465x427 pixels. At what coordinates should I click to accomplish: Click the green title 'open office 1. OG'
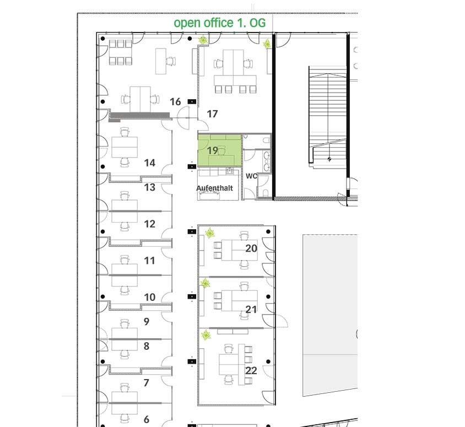(219, 23)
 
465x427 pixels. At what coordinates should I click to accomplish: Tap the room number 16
(175, 102)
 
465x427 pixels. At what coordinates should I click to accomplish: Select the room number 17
(212, 114)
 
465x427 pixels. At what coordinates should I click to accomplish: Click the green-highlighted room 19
(219, 150)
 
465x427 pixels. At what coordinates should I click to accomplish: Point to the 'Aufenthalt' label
(214, 188)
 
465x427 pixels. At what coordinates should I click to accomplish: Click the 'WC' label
(251, 176)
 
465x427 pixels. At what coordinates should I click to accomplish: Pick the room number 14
(149, 163)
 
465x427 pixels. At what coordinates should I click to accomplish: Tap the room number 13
(149, 187)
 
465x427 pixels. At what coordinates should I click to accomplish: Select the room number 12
(149, 224)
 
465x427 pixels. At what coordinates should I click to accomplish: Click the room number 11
(149, 261)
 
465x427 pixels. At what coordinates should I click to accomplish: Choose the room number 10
(149, 297)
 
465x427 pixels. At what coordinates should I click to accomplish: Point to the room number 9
(146, 321)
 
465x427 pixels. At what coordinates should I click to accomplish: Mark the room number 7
(146, 383)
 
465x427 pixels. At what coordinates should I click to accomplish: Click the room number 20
(251, 248)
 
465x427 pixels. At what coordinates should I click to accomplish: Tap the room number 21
(251, 310)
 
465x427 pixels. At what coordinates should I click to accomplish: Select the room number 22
(251, 370)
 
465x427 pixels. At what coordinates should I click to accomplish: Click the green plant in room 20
(210, 233)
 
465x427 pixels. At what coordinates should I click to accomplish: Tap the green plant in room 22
(206, 336)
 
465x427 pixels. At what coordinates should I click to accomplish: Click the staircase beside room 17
(327, 117)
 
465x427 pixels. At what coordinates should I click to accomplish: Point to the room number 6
(146, 419)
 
